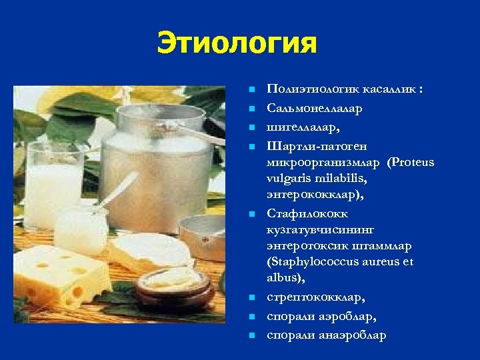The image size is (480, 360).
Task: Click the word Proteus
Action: coord(413,163)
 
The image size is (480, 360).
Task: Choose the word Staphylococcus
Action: coord(313,262)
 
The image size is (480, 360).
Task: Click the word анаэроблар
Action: coord(352,335)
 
